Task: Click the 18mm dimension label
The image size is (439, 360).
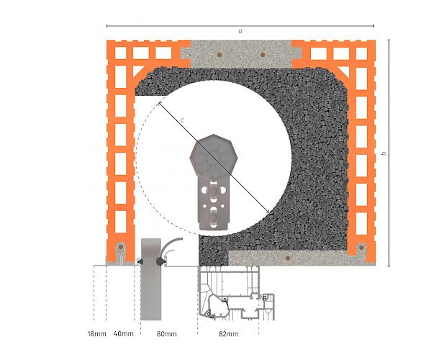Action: [97, 333]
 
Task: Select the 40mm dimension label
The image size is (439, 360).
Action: [124, 333]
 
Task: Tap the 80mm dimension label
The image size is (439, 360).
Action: [166, 333]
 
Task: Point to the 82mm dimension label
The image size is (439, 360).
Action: [229, 333]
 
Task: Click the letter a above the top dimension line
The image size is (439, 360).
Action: [240, 32]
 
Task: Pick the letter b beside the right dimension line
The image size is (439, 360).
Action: [384, 153]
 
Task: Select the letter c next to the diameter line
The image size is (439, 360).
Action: [182, 120]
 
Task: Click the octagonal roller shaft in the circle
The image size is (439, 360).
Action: [214, 156]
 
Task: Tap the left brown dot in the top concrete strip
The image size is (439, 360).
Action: [219, 55]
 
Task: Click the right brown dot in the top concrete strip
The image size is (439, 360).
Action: [263, 55]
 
